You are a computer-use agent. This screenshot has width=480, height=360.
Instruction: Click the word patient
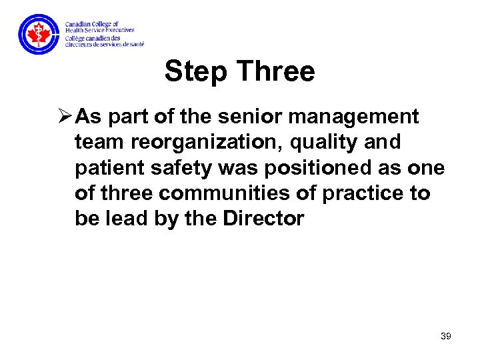point(110,168)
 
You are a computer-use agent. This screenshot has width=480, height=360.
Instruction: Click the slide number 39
point(445,337)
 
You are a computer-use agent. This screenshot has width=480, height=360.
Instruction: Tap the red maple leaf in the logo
point(39,34)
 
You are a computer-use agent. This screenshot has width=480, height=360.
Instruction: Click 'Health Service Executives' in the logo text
point(99,30)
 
